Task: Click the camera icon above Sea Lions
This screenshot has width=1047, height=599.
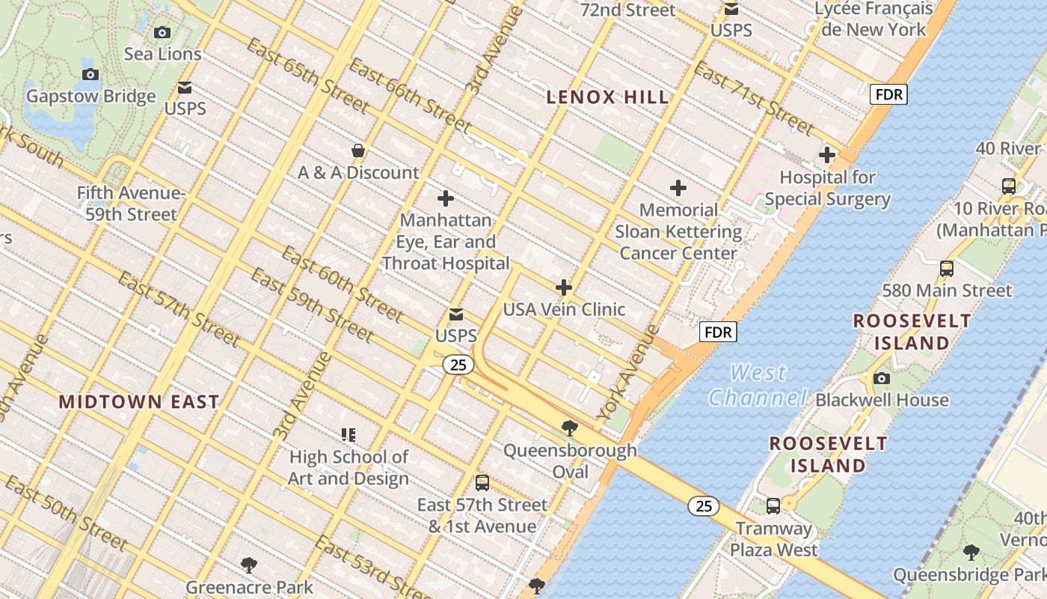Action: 162,32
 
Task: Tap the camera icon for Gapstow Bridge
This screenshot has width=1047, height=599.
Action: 90,74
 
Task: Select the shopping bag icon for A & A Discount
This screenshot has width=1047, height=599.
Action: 358,151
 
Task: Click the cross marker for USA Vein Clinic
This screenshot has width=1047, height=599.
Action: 564,288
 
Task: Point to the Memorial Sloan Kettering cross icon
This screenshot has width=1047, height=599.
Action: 678,187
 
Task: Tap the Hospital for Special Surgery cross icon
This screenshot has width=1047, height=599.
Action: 827,155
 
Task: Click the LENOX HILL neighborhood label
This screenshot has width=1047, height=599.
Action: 607,97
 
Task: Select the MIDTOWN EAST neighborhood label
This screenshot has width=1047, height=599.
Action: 139,401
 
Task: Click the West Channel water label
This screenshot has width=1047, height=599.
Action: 758,385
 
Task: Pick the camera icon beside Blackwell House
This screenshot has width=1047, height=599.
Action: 882,378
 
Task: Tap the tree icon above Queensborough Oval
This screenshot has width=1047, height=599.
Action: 570,428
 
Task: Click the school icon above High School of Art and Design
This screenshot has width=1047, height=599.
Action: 349,434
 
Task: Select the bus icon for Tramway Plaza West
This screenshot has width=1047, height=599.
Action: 773,506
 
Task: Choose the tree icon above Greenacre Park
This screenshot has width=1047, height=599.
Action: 249,565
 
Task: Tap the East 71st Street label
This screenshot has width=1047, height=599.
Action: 754,98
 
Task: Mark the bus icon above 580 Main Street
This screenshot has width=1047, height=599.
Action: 947,268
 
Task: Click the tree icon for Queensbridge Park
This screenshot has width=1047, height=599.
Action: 971,553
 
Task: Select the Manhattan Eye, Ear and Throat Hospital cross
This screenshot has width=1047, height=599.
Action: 446,198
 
